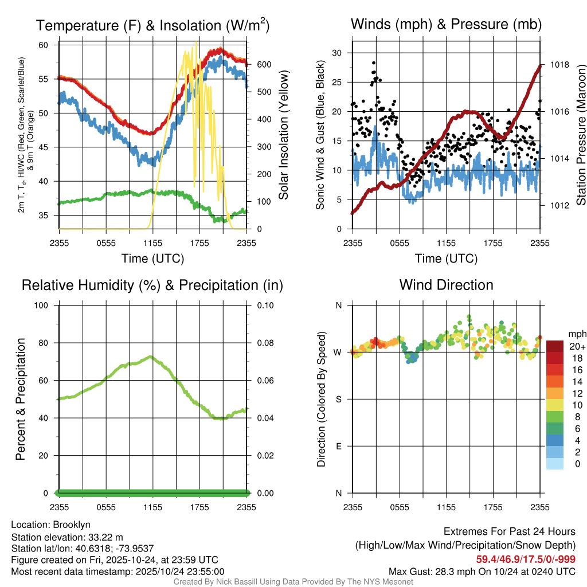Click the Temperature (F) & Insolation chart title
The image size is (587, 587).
tap(152, 25)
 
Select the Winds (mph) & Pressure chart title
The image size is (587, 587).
tap(446, 24)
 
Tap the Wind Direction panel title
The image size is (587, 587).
tap(446, 285)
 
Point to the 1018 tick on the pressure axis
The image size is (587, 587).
tap(559, 65)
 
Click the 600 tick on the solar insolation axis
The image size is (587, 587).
tap(264, 65)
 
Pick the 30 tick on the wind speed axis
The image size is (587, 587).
tap(337, 53)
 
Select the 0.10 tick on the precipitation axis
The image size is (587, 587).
tap(264, 305)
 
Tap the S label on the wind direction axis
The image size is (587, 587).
tap(338, 399)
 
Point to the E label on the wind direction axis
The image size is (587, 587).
tap(338, 446)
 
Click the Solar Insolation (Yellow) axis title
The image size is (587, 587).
tap(284, 135)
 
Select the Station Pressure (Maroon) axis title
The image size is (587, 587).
tap(580, 135)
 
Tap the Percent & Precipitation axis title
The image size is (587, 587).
tap(20, 399)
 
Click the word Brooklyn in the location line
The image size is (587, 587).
tap(72, 525)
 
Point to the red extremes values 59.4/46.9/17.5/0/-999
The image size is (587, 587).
tap(526, 559)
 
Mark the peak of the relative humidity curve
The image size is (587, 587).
tap(150, 357)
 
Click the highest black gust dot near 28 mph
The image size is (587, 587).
tap(373, 62)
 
